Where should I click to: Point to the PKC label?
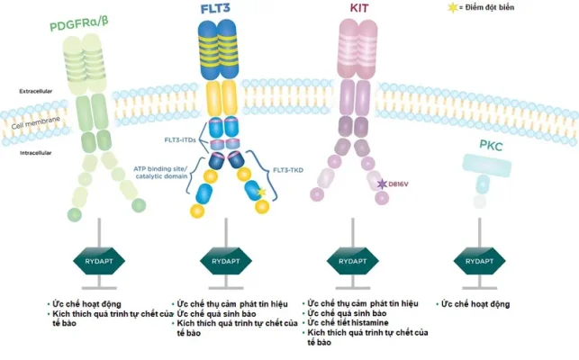493,144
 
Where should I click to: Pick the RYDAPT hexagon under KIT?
351,262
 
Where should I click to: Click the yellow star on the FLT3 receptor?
261,193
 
